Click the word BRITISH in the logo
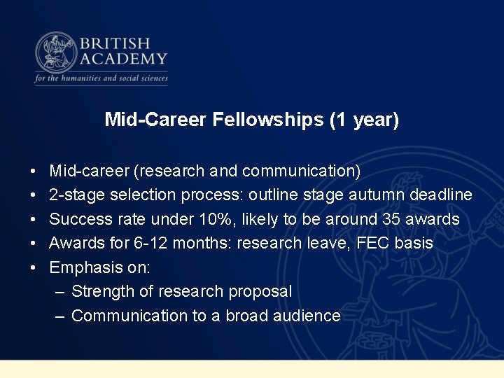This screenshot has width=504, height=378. [115, 43]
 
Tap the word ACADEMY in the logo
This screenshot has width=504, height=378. [124, 59]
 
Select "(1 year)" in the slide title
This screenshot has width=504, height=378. [364, 120]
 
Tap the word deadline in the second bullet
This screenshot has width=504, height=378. [444, 195]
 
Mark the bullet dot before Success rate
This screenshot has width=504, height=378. [34, 220]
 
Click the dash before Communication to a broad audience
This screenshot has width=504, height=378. [61, 316]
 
